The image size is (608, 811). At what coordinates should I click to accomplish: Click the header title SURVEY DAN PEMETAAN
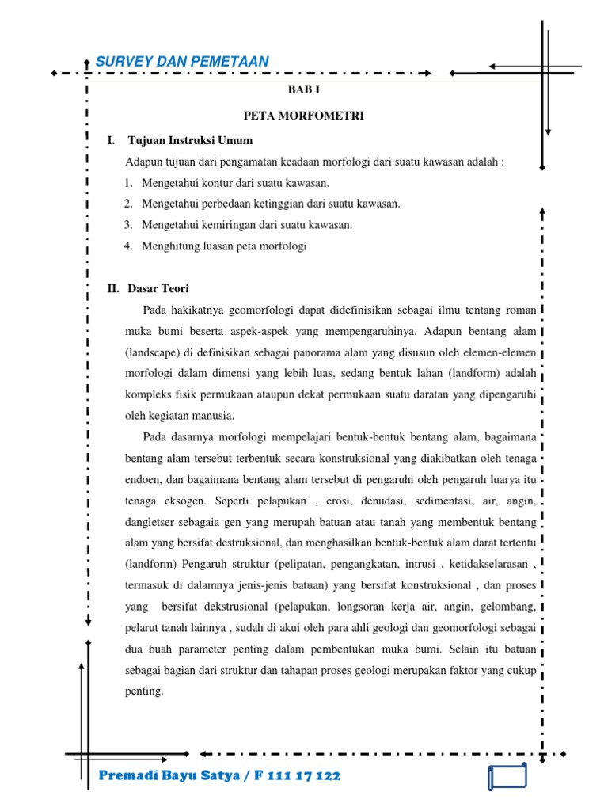182,62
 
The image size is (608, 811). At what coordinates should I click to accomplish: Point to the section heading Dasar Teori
158,288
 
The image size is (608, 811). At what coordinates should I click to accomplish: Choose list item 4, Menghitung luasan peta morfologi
224,246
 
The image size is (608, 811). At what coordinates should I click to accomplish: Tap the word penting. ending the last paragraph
144,691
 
